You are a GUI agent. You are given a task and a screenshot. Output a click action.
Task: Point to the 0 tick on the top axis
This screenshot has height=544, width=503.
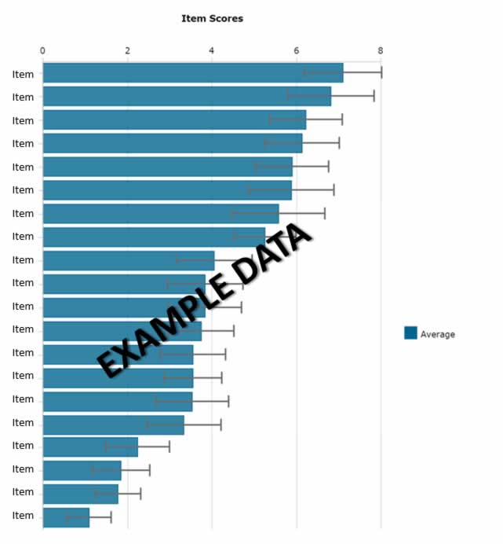[x=42, y=50]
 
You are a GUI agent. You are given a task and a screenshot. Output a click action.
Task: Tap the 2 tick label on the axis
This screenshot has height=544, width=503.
[x=127, y=50]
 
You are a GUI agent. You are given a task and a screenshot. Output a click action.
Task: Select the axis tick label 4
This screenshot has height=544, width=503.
[x=212, y=50]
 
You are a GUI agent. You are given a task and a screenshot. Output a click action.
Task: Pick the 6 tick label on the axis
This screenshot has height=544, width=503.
[x=296, y=50]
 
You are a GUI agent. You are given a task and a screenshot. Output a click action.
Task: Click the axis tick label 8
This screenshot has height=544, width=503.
[x=381, y=50]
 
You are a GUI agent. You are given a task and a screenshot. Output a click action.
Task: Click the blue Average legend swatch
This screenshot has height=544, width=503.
[x=410, y=333]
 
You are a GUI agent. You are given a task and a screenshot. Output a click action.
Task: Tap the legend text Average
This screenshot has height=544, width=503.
[x=438, y=334]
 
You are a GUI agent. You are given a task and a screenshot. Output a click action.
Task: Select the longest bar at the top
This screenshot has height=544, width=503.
[x=192, y=73]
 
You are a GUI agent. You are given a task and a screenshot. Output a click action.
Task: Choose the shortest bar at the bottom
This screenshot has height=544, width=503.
[x=66, y=517]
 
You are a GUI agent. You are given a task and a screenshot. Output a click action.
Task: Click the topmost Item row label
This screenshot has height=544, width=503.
[x=23, y=74]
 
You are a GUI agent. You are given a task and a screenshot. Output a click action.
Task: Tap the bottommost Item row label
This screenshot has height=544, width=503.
[x=23, y=516]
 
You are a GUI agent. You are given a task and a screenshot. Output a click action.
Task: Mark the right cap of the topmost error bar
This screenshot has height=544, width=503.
[x=381, y=73]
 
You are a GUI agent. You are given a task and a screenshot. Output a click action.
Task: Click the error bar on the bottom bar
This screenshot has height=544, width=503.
[x=89, y=517]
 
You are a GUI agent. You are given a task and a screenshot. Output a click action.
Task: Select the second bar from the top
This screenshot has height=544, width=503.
[x=187, y=97]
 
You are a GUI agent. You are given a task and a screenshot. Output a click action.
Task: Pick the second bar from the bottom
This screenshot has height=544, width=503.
[x=80, y=494]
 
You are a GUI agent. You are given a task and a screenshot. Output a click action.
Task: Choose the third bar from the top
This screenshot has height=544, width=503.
[x=173, y=119]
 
